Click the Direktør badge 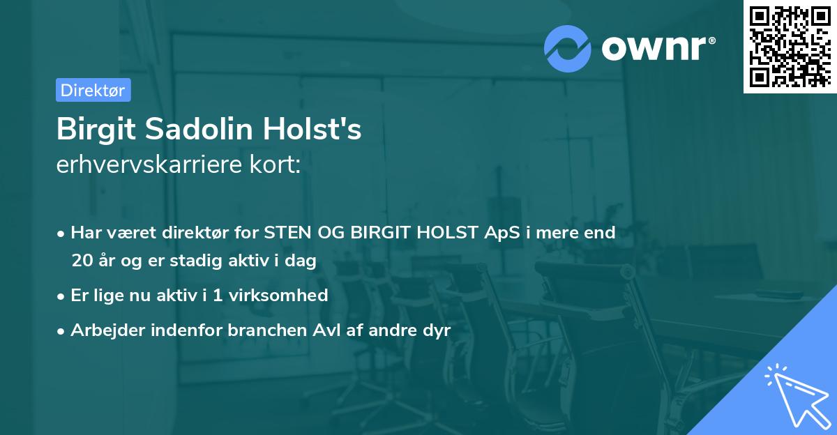click(x=93, y=90)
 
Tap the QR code click(x=790, y=46)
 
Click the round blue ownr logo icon click(x=568, y=48)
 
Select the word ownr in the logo click(x=654, y=48)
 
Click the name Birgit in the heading click(x=90, y=130)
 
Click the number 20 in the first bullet click(x=80, y=261)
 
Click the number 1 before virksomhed click(x=217, y=295)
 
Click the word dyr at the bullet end click(x=437, y=330)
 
